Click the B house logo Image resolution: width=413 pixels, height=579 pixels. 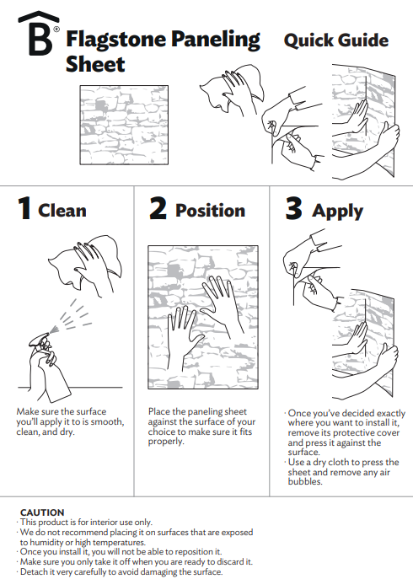coord(39,33)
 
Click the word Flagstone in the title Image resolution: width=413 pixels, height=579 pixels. coord(116,40)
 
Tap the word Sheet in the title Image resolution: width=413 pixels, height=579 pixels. coord(95,64)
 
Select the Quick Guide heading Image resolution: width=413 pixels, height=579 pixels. coord(336,40)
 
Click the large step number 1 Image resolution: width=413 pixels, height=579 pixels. coord(24,208)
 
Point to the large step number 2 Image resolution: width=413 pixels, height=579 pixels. coord(158,208)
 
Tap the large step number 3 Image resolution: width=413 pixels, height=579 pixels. coord(293,208)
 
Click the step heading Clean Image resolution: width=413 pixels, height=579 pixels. coord(62,211)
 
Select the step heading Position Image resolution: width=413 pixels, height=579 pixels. coord(210,211)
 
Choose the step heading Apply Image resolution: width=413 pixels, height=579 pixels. coord(338,212)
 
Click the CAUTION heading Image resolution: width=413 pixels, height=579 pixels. coord(42,512)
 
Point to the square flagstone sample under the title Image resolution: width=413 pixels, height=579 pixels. coord(124,125)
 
